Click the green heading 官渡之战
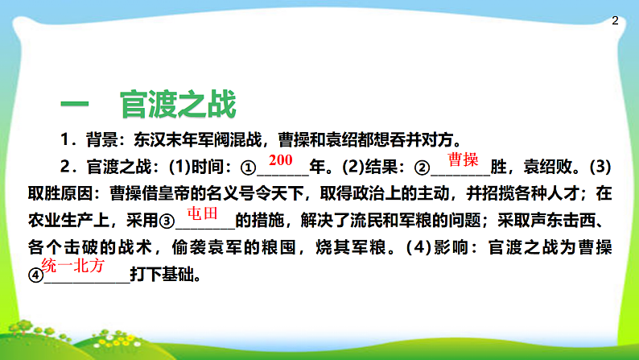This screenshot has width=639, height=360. (178, 104)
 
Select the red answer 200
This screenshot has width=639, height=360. (281, 159)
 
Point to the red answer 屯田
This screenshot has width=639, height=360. (202, 213)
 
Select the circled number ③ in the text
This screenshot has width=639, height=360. (167, 221)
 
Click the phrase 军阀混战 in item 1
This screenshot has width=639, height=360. (233, 136)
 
